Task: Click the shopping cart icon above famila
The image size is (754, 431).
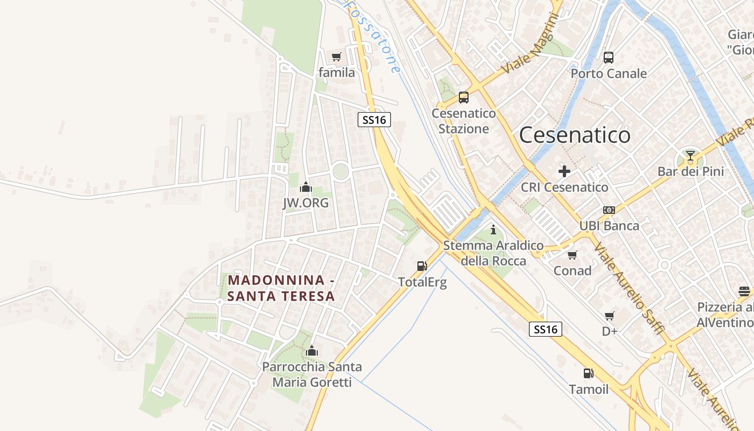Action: (337, 57)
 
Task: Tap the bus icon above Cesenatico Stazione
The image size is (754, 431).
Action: (463, 98)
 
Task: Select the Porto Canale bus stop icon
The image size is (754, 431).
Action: (609, 58)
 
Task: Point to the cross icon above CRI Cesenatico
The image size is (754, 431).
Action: (564, 171)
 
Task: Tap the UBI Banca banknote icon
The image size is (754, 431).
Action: (609, 210)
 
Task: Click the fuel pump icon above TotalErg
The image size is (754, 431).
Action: (422, 266)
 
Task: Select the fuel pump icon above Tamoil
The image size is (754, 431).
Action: (589, 373)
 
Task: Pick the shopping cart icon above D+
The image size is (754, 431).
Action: (610, 316)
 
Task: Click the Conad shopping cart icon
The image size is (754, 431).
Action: (572, 255)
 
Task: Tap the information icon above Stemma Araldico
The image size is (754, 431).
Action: (493, 230)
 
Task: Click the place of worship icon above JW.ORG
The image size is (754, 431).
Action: (306, 187)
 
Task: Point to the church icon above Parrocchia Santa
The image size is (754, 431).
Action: (311, 351)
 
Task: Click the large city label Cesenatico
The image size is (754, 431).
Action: (575, 135)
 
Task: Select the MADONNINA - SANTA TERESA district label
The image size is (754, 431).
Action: (281, 288)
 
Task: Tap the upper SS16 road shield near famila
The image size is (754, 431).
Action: (374, 120)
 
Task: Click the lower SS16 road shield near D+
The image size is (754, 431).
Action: (545, 329)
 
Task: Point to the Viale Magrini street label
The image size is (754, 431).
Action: (530, 44)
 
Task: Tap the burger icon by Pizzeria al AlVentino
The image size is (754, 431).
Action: (744, 291)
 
